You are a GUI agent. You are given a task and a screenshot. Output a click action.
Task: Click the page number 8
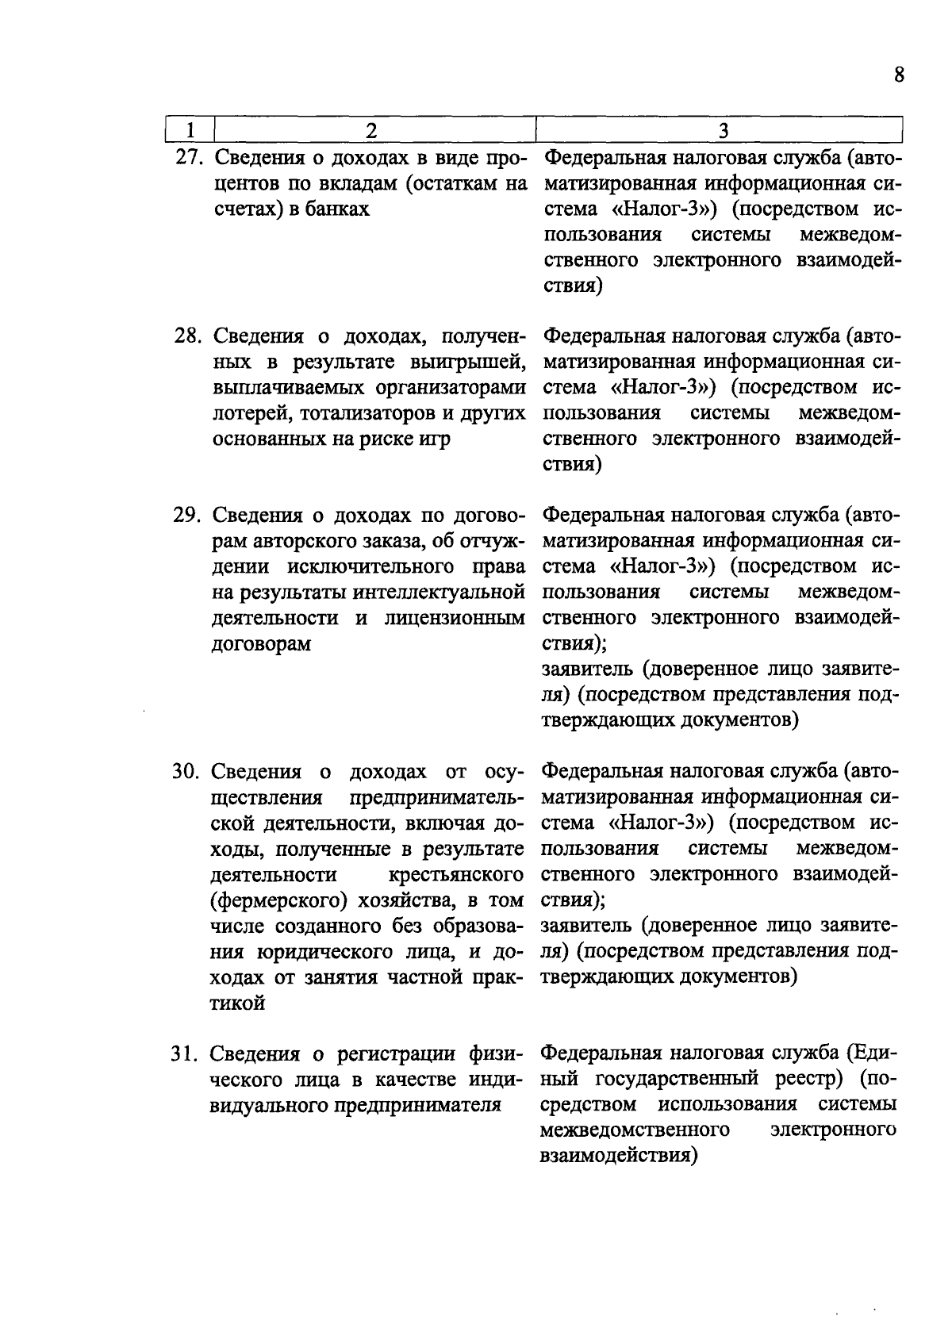click(898, 75)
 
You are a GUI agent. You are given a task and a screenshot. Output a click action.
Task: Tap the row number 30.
click(188, 772)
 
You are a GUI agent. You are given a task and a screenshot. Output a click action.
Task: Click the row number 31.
click(188, 1054)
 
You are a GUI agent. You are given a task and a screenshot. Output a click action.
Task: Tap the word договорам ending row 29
click(261, 644)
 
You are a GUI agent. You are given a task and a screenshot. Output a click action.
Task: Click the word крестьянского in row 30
click(458, 875)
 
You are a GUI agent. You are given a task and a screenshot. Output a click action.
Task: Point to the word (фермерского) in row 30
click(278, 900)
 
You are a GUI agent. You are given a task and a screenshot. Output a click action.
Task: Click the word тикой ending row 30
click(237, 1003)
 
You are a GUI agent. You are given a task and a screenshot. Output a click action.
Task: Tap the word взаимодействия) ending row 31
click(618, 1156)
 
